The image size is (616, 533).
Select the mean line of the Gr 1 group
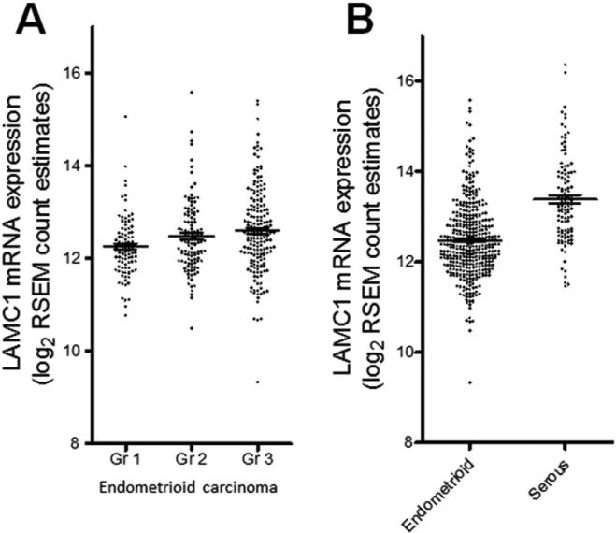pos(125,246)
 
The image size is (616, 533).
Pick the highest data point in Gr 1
pos(124,116)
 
